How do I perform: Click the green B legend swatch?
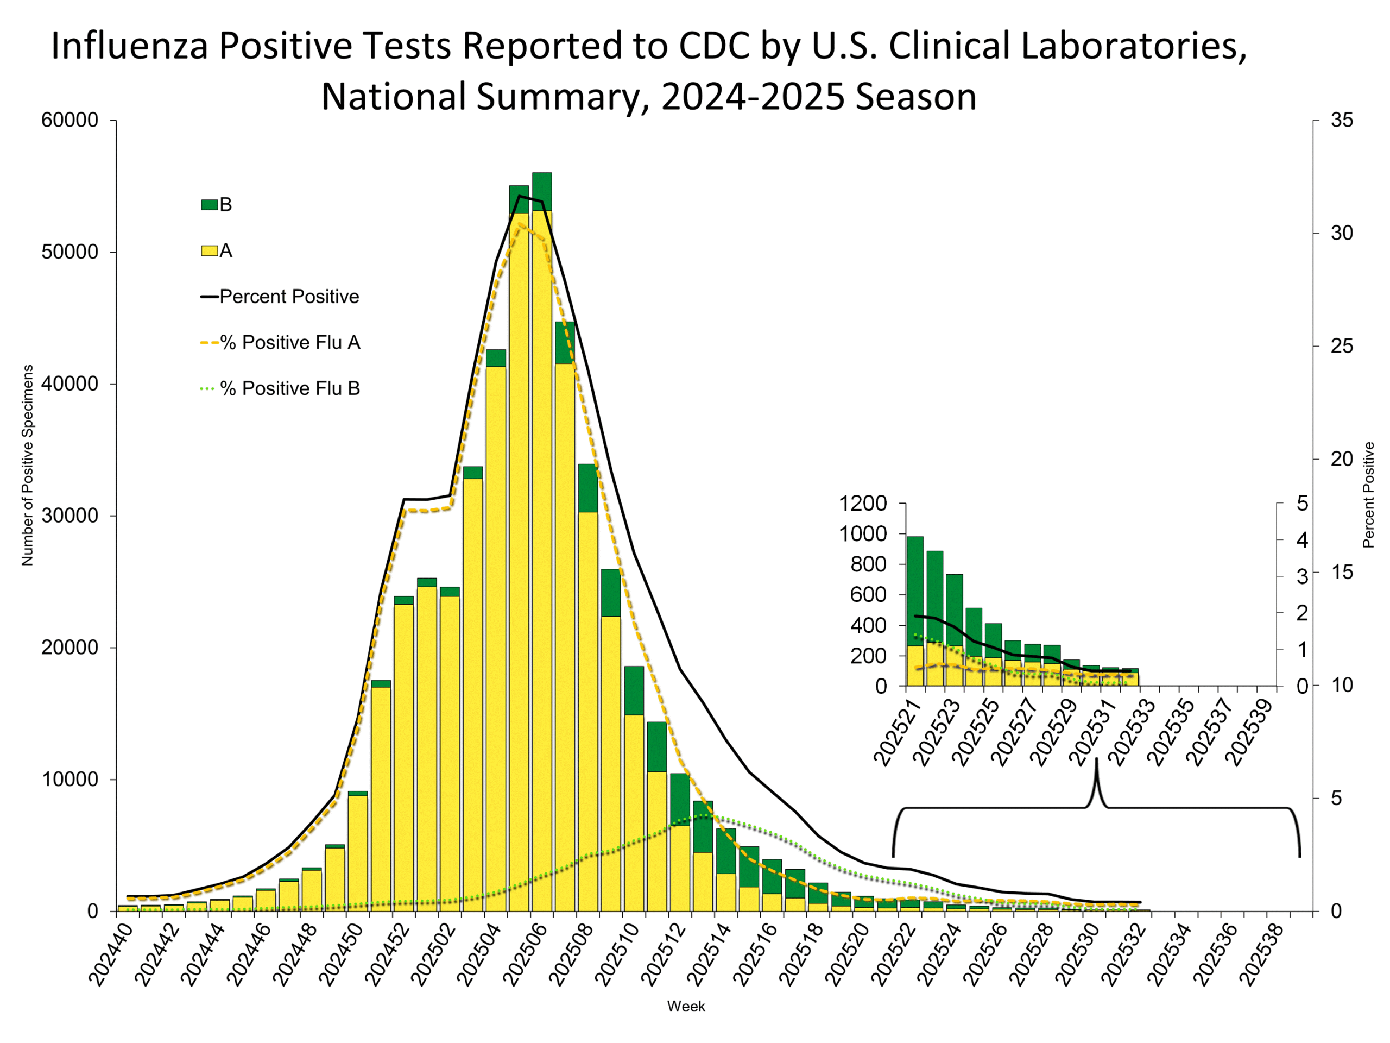click(x=209, y=205)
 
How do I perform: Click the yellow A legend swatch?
click(x=209, y=251)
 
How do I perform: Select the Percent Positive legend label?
click(x=289, y=297)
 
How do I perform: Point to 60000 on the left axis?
click(x=69, y=120)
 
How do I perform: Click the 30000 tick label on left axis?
click(x=69, y=516)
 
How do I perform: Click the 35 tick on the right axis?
click(x=1342, y=120)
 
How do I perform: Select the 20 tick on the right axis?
click(x=1342, y=459)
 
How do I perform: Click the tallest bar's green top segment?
click(x=542, y=191)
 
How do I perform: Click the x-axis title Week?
click(x=686, y=1007)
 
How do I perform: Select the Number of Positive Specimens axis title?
click(x=27, y=465)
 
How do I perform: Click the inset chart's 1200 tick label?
click(x=863, y=503)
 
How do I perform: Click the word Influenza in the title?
click(x=129, y=46)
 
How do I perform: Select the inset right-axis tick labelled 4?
click(x=1302, y=540)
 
